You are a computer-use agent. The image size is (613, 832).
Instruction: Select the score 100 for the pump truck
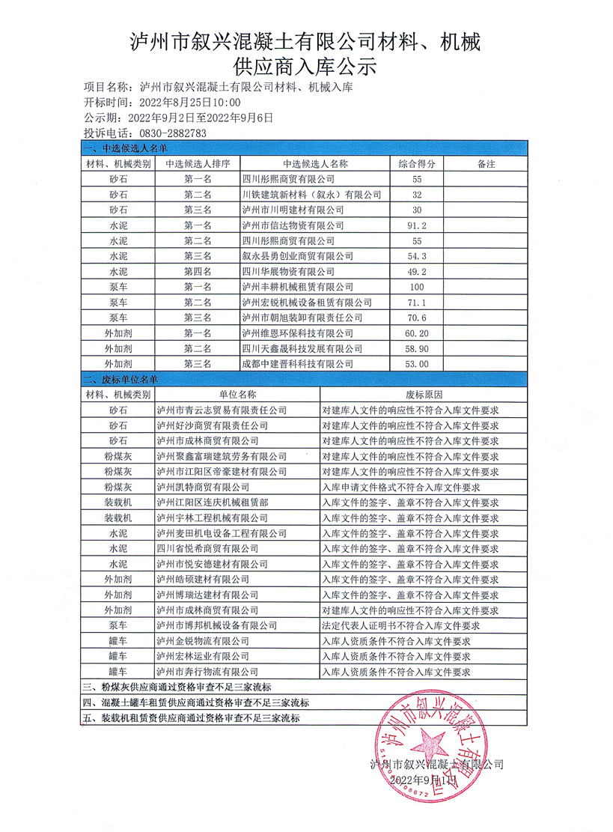pos(417,287)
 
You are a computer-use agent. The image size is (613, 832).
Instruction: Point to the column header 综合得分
pos(417,163)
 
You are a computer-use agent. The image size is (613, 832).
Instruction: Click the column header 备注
pos(487,163)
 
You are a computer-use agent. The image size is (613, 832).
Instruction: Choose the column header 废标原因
pos(424,395)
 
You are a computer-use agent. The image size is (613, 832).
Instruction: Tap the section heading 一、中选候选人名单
pos(120,149)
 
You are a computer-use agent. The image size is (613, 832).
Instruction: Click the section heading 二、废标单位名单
pos(120,380)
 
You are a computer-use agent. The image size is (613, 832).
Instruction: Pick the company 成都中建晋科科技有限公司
pos(297,364)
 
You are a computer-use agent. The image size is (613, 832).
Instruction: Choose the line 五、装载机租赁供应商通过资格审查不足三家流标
pos(191,719)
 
